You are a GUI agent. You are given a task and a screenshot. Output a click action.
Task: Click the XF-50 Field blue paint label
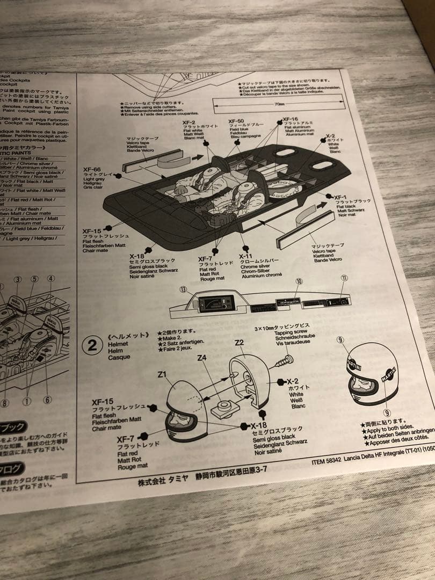pyautogui.click(x=237, y=122)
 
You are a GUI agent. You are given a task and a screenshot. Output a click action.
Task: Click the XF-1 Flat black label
pyautogui.click(x=341, y=198)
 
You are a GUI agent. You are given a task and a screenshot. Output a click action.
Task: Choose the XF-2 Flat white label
pyautogui.click(x=192, y=124)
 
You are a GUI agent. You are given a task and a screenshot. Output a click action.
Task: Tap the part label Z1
pyautogui.click(x=162, y=375)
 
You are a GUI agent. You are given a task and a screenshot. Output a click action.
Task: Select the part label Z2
pyautogui.click(x=239, y=342)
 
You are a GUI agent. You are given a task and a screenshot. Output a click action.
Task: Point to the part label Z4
pyautogui.click(x=201, y=357)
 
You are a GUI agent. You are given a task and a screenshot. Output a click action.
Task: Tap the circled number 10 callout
pyautogui.click(x=299, y=281)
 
